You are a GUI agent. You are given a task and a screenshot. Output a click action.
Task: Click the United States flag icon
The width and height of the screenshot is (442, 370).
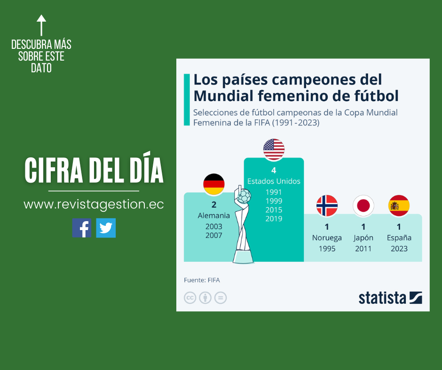point(274,149)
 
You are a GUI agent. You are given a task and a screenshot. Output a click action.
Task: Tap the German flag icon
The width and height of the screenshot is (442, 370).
point(214,184)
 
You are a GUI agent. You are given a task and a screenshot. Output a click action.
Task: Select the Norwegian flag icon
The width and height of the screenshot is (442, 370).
point(327,206)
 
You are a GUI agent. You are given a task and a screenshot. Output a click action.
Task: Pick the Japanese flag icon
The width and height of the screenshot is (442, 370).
point(363,206)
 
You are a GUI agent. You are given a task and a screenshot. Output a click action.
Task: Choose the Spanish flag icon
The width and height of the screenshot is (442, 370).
point(399,206)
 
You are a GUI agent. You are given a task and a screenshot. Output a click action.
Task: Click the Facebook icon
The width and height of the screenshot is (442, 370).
point(82,228)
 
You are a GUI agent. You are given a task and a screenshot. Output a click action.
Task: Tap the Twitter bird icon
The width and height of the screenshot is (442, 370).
point(106,228)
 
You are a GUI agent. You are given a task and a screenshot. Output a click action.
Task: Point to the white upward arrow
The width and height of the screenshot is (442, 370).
point(41,25)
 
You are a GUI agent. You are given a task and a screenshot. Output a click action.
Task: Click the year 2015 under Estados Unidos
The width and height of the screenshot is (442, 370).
point(274,210)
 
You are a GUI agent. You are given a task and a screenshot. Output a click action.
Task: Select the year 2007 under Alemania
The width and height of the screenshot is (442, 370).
point(214,235)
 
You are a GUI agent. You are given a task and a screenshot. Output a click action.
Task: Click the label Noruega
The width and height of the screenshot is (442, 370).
point(327,238)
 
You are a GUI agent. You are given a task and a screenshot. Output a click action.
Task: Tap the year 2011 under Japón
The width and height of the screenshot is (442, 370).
point(363,249)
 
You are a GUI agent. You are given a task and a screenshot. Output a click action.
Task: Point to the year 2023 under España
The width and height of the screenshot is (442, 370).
point(399,249)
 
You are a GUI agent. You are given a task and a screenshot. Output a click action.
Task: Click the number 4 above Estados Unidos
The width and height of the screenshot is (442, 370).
point(274,170)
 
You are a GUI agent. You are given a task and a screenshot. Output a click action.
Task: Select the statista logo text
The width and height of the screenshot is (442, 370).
point(382,298)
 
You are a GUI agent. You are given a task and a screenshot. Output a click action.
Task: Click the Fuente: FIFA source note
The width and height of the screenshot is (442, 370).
point(202,280)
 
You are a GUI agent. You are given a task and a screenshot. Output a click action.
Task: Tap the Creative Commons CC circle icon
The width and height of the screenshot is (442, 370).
point(190,298)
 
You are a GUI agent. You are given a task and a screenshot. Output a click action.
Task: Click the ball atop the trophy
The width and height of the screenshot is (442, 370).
point(244,196)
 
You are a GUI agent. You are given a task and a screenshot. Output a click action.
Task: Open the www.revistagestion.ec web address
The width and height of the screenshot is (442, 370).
point(94,205)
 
